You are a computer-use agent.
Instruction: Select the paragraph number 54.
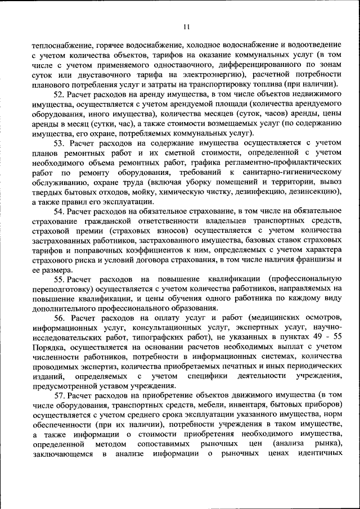point(59,211)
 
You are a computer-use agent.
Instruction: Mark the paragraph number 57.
point(59,395)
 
